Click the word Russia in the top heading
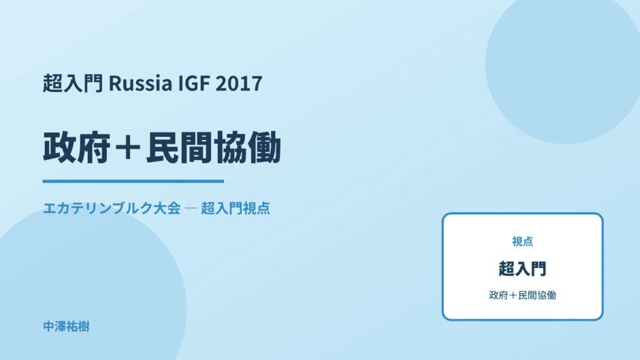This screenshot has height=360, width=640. (140, 83)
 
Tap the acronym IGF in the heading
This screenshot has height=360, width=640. (194, 83)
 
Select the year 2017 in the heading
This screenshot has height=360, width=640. (239, 83)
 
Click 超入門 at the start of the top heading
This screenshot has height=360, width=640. (73, 83)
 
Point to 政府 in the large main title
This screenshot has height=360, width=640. (77, 148)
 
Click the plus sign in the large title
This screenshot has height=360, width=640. (129, 148)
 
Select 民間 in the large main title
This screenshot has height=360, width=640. (179, 148)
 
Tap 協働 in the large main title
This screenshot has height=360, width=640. (247, 148)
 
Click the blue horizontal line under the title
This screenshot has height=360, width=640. (133, 181)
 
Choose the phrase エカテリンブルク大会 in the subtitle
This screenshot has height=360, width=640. (112, 208)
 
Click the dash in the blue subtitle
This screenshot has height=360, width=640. (191, 208)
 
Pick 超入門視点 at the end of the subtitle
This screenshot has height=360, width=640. (236, 208)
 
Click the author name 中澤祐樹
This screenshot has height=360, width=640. (66, 327)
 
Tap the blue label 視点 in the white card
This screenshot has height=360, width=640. (522, 242)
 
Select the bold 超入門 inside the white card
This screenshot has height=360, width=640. (522, 269)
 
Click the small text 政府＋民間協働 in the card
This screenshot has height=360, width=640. (522, 295)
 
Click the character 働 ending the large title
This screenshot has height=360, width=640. (264, 148)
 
